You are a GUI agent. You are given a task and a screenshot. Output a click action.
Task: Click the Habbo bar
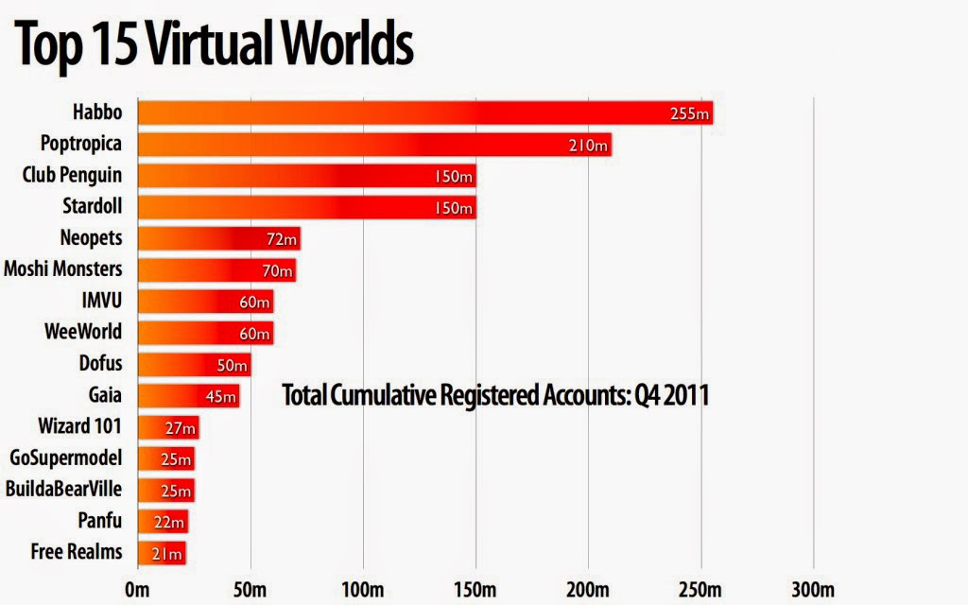pos(425,113)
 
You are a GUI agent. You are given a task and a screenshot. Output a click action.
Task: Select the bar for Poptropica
pos(374,145)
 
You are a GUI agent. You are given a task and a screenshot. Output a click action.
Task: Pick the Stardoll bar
pos(306,207)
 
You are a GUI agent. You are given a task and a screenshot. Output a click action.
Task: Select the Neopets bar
pos(218,238)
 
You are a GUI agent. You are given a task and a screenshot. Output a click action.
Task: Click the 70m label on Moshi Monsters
pos(277,270)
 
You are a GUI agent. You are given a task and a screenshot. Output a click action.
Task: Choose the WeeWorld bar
pos(205,332)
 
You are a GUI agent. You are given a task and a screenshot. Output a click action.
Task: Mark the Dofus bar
pos(194,364)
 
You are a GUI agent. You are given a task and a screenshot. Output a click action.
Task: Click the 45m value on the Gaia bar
pos(220,396)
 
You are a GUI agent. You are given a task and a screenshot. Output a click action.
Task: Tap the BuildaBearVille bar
pos(165,489)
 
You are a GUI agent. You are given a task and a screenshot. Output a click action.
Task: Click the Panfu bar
pos(163,520)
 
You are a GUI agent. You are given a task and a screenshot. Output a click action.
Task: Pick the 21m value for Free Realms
pos(167,552)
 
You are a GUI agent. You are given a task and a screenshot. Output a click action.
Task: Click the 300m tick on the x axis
pos(813,591)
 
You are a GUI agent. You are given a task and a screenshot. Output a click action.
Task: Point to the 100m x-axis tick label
pos(363,591)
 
